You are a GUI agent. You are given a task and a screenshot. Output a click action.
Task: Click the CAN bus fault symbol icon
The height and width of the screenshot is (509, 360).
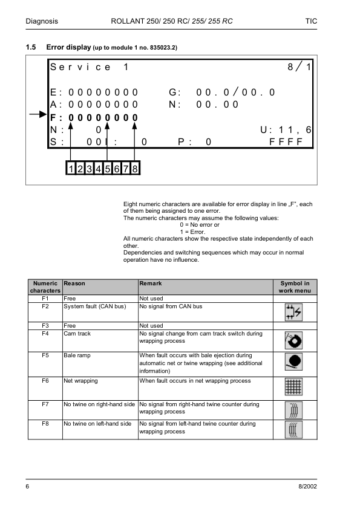293,313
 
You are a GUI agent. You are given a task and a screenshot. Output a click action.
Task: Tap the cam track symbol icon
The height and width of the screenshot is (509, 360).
293,340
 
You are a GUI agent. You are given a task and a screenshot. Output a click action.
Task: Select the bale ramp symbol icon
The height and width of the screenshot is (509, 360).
293,361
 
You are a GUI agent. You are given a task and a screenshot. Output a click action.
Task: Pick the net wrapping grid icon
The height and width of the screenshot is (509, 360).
293,387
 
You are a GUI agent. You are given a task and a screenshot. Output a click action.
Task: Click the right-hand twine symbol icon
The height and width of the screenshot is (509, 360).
293,410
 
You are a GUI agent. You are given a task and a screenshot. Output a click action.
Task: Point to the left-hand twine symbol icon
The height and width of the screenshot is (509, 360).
293,430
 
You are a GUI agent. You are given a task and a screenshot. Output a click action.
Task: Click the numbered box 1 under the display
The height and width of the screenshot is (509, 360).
71,168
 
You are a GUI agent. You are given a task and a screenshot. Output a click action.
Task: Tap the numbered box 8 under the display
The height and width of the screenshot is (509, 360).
135,168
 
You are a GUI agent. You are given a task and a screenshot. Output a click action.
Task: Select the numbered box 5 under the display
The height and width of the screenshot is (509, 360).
108,168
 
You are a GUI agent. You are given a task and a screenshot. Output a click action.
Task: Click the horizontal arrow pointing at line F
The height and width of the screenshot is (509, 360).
38,114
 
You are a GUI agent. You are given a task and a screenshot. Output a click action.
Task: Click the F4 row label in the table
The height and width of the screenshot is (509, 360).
45,333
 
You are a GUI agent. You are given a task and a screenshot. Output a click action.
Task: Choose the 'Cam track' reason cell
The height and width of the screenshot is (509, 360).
77,333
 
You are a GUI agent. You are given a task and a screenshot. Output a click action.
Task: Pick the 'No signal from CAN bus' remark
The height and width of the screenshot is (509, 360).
171,306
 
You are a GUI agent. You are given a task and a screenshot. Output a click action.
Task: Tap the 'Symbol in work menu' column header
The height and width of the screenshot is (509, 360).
295,287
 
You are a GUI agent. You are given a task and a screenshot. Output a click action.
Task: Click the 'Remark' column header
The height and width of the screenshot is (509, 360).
151,284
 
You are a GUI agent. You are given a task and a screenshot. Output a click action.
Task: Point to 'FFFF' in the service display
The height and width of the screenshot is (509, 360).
286,142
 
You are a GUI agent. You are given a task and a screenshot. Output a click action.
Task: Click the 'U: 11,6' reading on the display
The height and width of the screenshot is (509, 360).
286,130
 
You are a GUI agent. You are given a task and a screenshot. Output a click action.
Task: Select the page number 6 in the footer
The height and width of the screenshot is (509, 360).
27,486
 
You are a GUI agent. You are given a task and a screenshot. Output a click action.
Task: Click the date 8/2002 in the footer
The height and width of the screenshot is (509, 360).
307,486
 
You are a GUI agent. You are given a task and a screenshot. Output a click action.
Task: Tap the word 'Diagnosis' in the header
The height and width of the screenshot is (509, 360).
42,21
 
